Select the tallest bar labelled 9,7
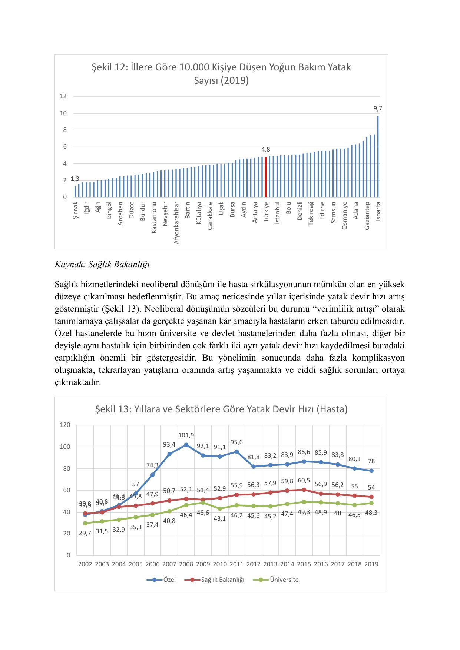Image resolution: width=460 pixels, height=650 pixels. (378, 156)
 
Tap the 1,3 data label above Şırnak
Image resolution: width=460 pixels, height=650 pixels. (75, 179)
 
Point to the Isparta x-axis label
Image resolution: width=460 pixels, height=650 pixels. (378, 211)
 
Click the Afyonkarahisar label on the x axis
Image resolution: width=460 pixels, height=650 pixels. (176, 222)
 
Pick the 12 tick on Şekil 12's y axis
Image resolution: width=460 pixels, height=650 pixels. (63, 96)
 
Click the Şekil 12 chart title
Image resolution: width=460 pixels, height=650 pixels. (221, 74)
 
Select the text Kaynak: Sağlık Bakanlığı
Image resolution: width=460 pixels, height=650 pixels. (102, 265)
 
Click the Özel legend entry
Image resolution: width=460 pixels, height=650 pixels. (161, 580)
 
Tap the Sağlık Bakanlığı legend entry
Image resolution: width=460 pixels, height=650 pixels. (218, 580)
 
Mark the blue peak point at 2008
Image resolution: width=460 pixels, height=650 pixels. (186, 445)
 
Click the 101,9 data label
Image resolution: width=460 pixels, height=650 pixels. (186, 435)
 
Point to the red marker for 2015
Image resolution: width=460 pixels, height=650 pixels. (304, 490)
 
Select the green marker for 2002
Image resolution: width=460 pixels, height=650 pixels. (85, 523)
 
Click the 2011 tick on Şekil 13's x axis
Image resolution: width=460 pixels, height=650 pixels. (236, 564)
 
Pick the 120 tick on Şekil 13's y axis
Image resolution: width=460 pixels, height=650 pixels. (65, 425)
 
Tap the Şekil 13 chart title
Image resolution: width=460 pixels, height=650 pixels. (221, 409)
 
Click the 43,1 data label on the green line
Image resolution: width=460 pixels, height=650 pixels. (220, 518)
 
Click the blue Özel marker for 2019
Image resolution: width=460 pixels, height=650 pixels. (371, 471)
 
